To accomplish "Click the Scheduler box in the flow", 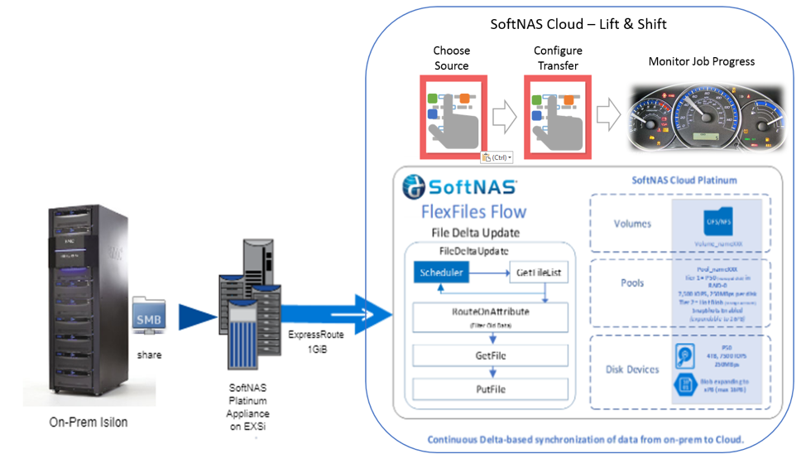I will click(442, 272).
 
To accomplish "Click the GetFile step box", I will click(491, 355).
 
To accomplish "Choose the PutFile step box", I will click(491, 389).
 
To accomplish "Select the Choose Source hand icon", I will click(452, 116).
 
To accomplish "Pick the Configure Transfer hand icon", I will click(557, 116).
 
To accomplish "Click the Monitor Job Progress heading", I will click(701, 61).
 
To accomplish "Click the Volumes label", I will click(632, 223).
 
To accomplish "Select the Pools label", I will click(632, 283).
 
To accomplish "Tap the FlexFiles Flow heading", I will click(473, 211).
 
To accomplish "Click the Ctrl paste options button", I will click(497, 157).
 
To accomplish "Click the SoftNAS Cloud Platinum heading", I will click(684, 180).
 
